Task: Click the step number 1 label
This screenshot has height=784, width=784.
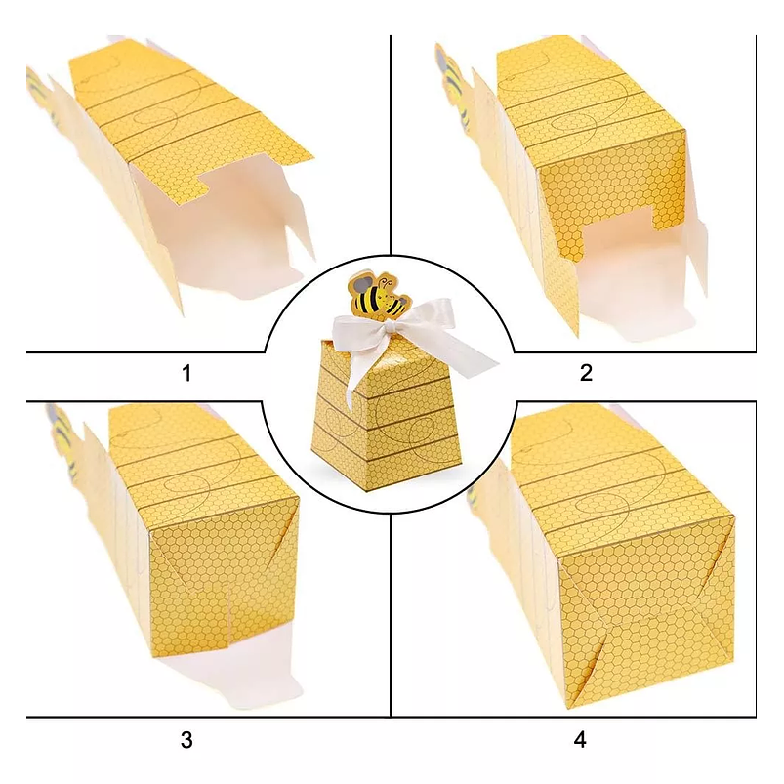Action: click(x=187, y=373)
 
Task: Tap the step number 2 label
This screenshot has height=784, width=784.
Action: click(x=586, y=373)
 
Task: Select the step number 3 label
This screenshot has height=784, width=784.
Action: click(x=186, y=739)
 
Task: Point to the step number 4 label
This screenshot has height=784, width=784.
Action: click(x=580, y=739)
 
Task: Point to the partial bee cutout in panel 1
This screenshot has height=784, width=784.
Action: click(x=41, y=93)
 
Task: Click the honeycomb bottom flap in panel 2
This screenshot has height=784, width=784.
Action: click(x=612, y=200)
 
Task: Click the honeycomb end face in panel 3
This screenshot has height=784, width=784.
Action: click(x=225, y=575)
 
